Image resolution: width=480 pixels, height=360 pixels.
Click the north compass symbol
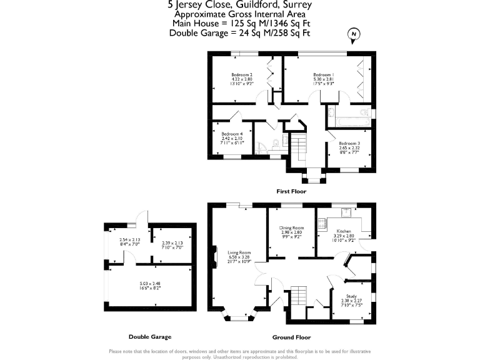click(x=354, y=35)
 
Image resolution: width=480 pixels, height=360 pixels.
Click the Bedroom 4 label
click(x=232, y=133)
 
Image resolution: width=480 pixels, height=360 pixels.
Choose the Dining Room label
click(x=291, y=227)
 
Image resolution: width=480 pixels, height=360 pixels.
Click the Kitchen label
click(x=343, y=230)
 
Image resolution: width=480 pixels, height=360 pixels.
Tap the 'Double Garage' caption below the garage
click(x=149, y=336)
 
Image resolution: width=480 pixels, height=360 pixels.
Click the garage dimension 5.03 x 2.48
click(x=149, y=283)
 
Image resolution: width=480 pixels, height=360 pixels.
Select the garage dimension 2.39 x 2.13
click(x=172, y=242)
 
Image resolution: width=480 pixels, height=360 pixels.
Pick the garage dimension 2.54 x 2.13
click(x=130, y=239)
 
